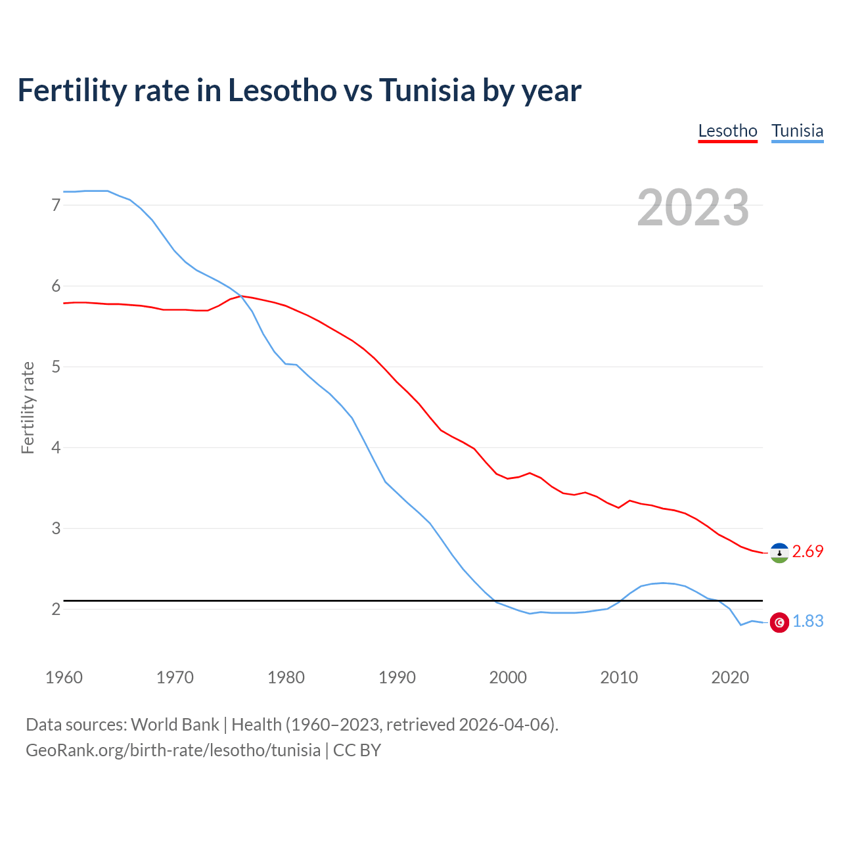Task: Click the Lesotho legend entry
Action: (727, 131)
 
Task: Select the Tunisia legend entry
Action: (797, 131)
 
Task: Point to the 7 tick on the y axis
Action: (56, 205)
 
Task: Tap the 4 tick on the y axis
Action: (56, 447)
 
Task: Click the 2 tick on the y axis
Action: (56, 609)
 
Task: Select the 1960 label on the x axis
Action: (64, 677)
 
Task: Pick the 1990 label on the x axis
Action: (397, 677)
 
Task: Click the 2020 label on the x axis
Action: (730, 677)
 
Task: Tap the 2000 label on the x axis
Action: (508, 677)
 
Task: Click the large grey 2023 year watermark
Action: (693, 208)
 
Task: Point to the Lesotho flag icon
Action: (779, 553)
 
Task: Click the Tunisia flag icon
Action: (779, 622)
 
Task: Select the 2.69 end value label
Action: (807, 552)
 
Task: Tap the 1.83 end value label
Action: (807, 622)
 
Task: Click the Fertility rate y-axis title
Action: (28, 407)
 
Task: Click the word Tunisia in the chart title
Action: (427, 91)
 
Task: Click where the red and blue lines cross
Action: (240, 296)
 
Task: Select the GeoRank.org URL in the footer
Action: (173, 750)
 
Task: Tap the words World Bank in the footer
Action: (175, 725)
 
